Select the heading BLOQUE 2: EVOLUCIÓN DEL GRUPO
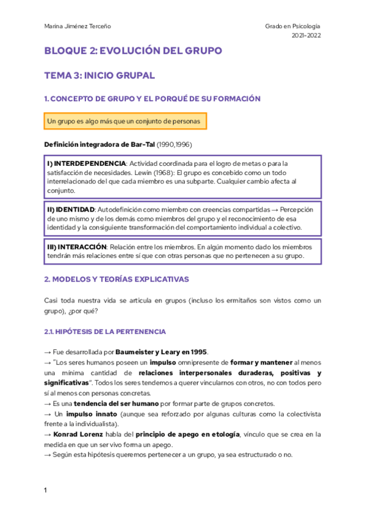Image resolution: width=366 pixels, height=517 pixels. [133, 51]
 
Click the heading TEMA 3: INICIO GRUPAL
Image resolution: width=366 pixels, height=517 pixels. [99, 76]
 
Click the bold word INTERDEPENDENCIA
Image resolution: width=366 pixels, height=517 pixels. [87, 163]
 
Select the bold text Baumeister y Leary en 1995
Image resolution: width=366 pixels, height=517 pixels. [162, 352]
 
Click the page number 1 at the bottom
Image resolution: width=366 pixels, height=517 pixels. [46, 490]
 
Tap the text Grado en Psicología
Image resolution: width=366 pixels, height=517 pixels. [293, 26]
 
